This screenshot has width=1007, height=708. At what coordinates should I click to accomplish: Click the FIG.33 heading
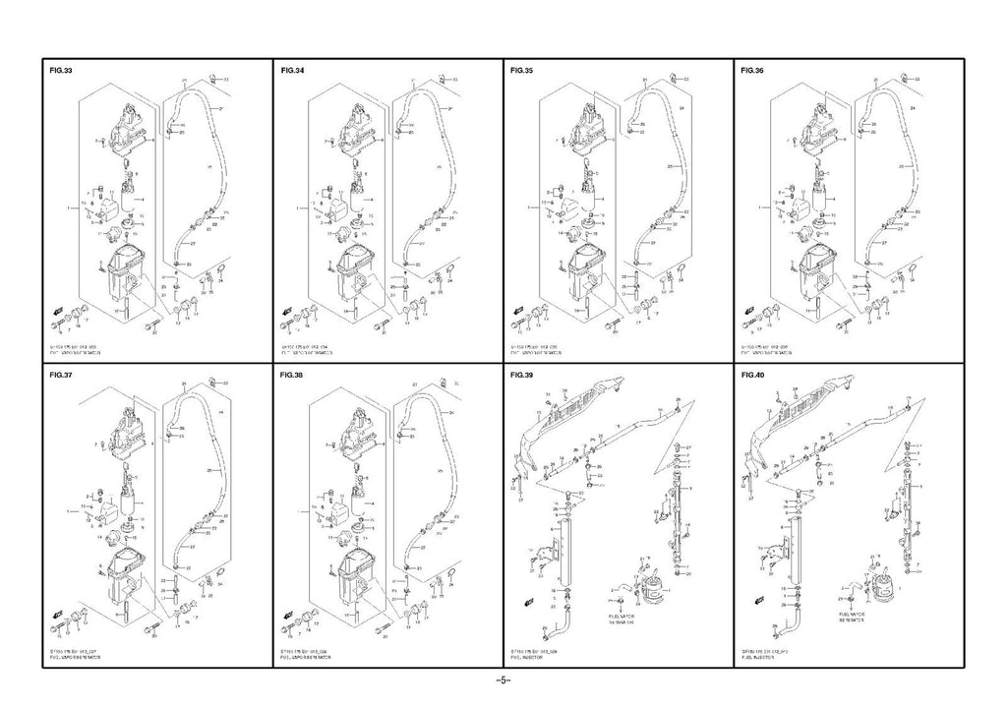click(x=61, y=72)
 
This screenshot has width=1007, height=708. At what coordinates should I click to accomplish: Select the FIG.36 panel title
click(x=753, y=72)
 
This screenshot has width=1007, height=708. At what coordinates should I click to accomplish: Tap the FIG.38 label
click(x=293, y=376)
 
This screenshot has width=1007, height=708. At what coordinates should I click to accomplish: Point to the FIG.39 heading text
click(x=523, y=376)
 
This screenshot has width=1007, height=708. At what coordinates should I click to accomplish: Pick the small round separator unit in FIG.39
click(x=650, y=586)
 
